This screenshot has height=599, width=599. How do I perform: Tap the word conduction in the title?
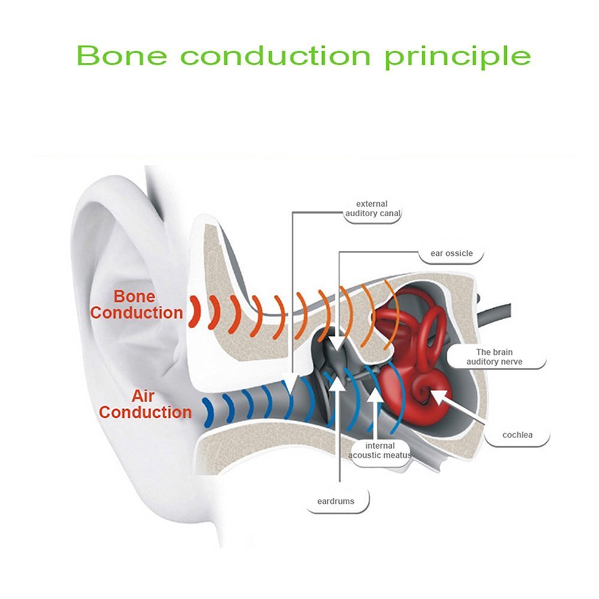click(x=276, y=55)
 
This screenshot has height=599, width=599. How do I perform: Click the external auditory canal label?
click(x=372, y=208)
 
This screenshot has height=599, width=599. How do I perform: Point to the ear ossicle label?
click(x=452, y=253)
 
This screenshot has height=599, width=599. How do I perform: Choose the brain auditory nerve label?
click(x=494, y=357)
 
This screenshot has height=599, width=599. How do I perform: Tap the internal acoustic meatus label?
click(x=380, y=450)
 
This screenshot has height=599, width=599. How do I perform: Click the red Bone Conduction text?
click(x=137, y=304)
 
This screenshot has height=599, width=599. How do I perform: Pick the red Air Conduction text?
click(x=145, y=404)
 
